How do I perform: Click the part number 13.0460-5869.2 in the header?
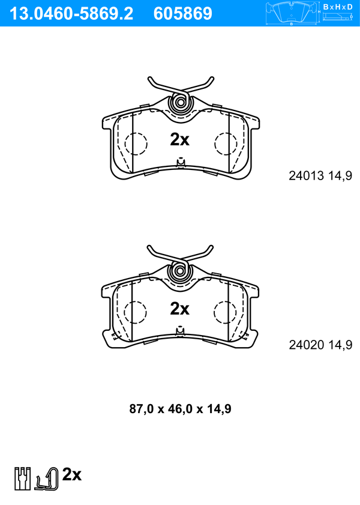tap(71, 14)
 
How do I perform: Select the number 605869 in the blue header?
tap(183, 14)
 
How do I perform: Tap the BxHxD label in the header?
tap(338, 7)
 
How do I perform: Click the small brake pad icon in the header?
tap(292, 13)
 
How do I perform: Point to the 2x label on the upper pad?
tap(180, 139)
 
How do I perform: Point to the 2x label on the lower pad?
tap(180, 309)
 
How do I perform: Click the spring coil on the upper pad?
tap(181, 103)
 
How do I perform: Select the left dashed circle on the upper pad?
tap(136, 144)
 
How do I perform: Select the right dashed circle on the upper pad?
tap(226, 144)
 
